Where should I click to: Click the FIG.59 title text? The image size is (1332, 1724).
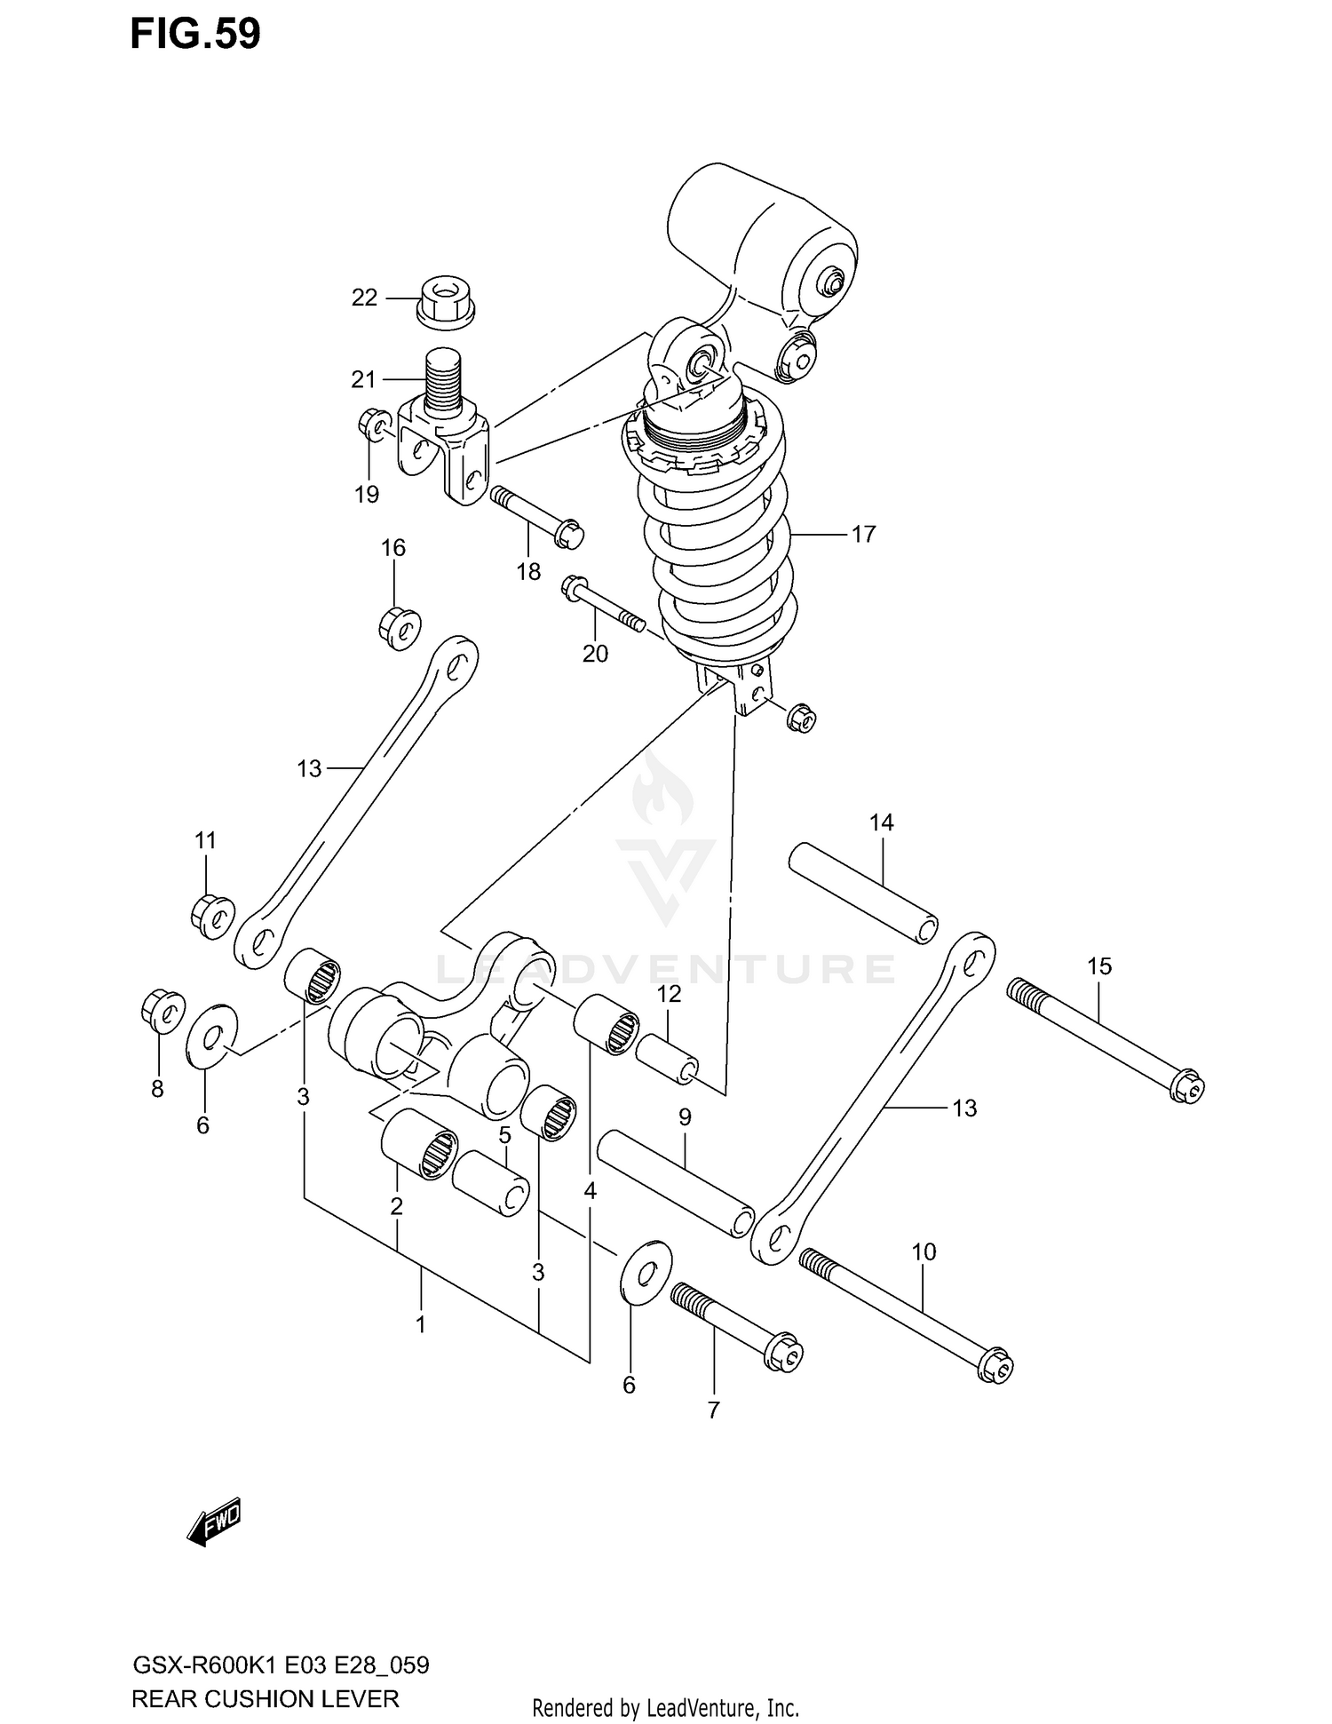pyautogui.click(x=195, y=34)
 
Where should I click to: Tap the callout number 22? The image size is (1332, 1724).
pyautogui.click(x=364, y=298)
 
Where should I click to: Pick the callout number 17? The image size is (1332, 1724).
pyautogui.click(x=863, y=534)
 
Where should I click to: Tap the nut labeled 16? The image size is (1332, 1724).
pyautogui.click(x=399, y=627)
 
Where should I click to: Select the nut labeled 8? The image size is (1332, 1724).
pyautogui.click(x=163, y=1009)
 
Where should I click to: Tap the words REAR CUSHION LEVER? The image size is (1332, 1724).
pyautogui.click(x=265, y=1699)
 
